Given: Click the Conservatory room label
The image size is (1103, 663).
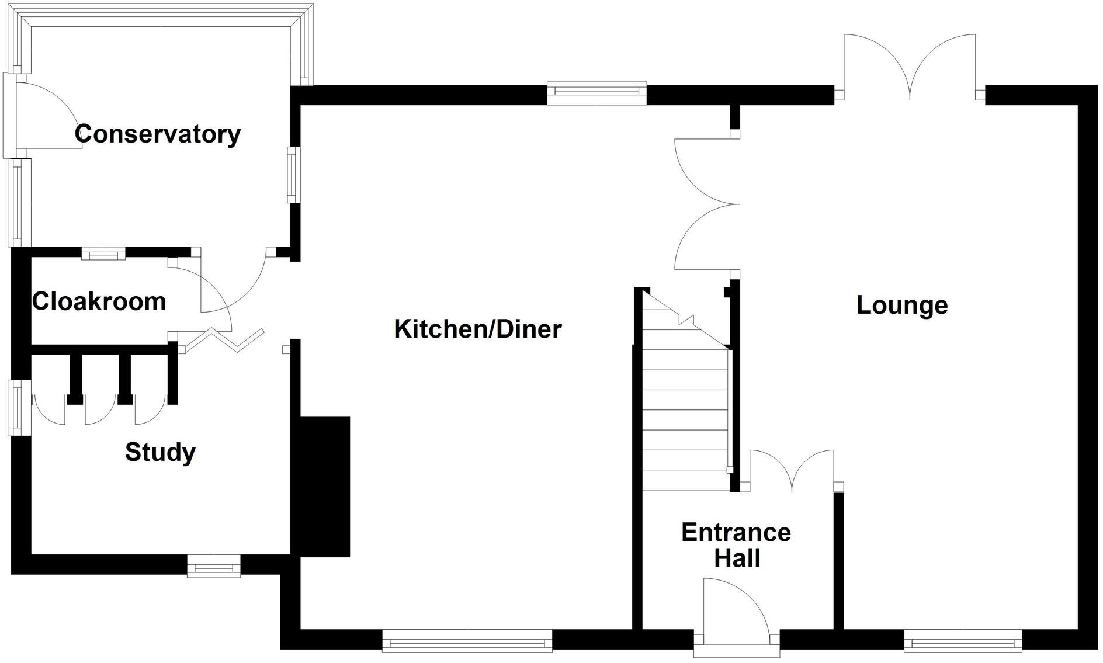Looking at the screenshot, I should click(x=158, y=134).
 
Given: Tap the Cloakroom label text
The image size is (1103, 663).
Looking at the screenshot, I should click(x=99, y=302).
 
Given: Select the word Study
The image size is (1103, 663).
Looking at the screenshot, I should click(x=160, y=452).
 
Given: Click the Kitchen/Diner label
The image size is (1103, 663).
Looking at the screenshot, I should click(x=478, y=329).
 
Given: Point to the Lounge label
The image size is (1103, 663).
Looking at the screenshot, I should click(x=902, y=305).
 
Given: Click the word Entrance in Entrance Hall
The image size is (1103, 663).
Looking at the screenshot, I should click(x=736, y=533).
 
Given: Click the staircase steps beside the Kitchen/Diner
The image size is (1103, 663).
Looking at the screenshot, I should click(x=686, y=409).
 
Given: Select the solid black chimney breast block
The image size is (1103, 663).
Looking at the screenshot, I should click(x=324, y=486).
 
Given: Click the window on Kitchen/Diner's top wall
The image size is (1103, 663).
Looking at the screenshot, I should click(x=596, y=93).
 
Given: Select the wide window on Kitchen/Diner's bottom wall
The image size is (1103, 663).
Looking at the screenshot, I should click(x=467, y=640).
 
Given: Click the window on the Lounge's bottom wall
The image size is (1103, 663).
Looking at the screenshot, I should click(x=963, y=640).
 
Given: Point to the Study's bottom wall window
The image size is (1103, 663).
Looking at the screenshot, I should click(x=214, y=566).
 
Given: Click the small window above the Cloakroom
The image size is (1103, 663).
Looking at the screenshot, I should click(x=103, y=254).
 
